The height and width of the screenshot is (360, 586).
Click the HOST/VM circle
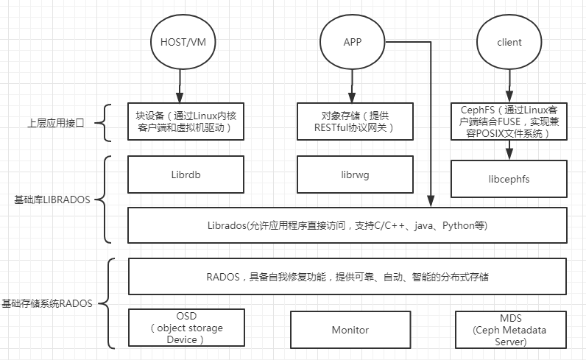point(178,42)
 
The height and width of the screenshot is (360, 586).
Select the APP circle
point(352,42)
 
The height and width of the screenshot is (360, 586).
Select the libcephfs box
point(509,179)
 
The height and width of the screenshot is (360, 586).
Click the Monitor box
point(349,331)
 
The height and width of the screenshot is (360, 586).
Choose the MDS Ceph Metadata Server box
point(510,331)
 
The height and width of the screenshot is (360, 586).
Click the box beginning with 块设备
point(185,121)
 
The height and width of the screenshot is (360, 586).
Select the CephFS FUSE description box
point(509,121)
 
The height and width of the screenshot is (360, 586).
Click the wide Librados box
point(347,225)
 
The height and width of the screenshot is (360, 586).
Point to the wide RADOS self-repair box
point(347,278)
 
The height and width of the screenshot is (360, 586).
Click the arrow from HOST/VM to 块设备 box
point(178,87)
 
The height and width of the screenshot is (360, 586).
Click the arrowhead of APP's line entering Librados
point(430,200)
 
